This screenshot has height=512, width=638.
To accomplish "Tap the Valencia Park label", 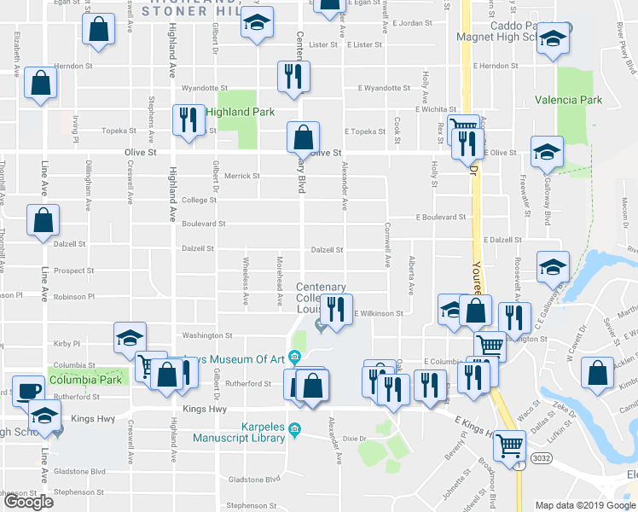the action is click(568, 100).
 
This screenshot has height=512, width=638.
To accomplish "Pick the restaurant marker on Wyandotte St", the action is click(292, 76).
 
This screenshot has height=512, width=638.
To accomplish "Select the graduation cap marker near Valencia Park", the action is click(547, 152).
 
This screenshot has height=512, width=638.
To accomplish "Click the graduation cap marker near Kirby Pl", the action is click(130, 338).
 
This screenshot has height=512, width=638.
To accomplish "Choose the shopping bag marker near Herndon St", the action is click(41, 83).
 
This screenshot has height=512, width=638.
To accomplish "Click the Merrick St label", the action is click(242, 177).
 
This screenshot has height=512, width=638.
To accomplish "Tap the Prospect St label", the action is click(73, 271).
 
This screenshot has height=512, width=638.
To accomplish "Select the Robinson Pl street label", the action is click(73, 296).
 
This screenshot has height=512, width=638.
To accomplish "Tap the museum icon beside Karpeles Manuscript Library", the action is click(295, 428).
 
